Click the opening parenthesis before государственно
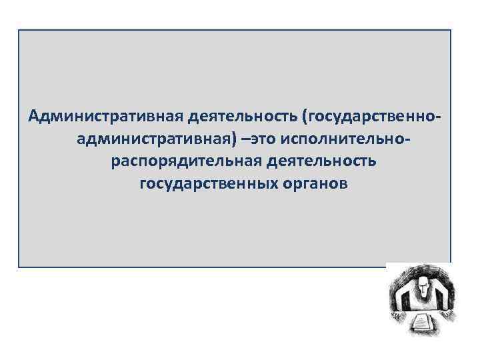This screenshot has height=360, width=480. pyautogui.click(x=305, y=118)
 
